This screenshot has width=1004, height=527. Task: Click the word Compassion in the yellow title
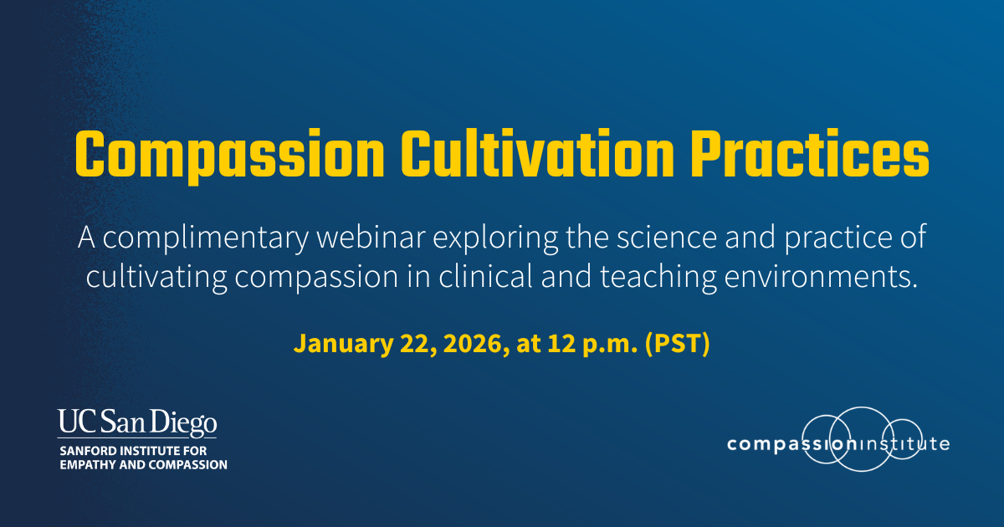[229, 155]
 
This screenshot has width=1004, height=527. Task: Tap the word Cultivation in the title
[537, 154]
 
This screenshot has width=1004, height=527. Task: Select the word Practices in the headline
[810, 154]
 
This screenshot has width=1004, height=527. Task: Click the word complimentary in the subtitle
[205, 238]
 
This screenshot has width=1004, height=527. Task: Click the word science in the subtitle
[667, 237]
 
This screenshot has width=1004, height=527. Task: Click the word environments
[821, 277]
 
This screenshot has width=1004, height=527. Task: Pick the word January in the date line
[343, 344]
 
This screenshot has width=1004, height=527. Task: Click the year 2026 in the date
[476, 344]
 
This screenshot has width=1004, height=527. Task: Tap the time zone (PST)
[677, 344]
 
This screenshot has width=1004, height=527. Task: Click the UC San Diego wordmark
[137, 423]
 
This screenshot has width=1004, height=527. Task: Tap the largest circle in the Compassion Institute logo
[861, 407]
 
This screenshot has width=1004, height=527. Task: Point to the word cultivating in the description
[156, 278]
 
